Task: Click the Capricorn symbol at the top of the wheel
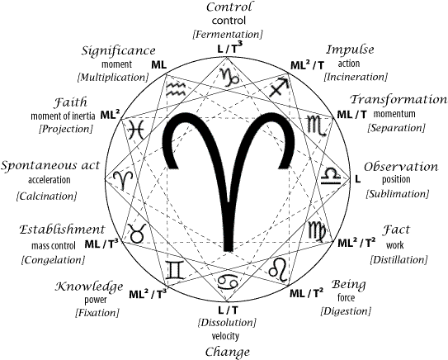[x=229, y=77]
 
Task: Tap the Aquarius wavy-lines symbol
[x=177, y=89]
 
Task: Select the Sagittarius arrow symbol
[x=279, y=87]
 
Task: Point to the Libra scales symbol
[x=331, y=177]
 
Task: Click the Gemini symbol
[x=176, y=270]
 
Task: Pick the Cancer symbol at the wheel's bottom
[x=228, y=282]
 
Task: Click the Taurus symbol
[x=137, y=233]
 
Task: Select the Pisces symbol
[x=135, y=130]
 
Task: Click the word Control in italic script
[x=229, y=7]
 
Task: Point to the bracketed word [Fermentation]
[x=228, y=35]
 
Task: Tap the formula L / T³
[x=230, y=48]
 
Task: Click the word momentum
[x=394, y=114]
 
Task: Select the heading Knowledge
[x=89, y=287]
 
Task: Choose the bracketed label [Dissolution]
[x=227, y=323]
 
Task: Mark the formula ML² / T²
[x=356, y=243]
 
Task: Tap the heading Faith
[x=70, y=102]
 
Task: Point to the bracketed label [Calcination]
[x=46, y=197]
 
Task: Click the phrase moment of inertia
[x=63, y=116]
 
